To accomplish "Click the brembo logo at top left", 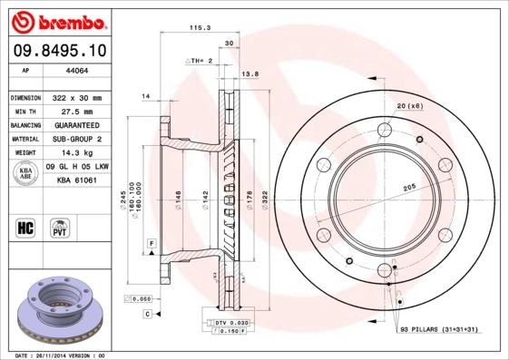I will click(60, 19).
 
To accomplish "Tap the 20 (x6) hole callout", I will click(409, 107).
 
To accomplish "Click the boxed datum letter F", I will click(152, 244).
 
